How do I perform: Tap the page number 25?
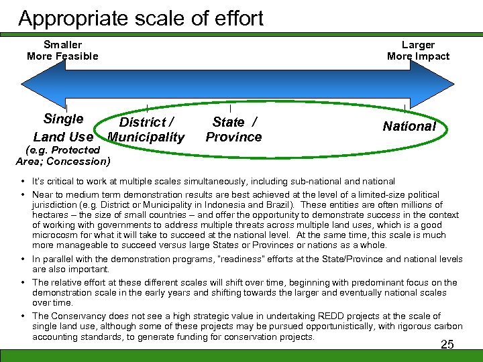click(x=447, y=345)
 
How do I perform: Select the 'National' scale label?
click(x=409, y=126)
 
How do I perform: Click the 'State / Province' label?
click(x=233, y=129)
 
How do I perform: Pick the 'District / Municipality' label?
click(x=146, y=129)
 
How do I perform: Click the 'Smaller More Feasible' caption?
click(x=62, y=50)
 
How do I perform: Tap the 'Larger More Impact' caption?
click(x=418, y=50)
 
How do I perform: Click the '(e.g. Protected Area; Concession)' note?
click(x=62, y=156)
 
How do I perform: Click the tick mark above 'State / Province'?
click(x=230, y=107)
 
